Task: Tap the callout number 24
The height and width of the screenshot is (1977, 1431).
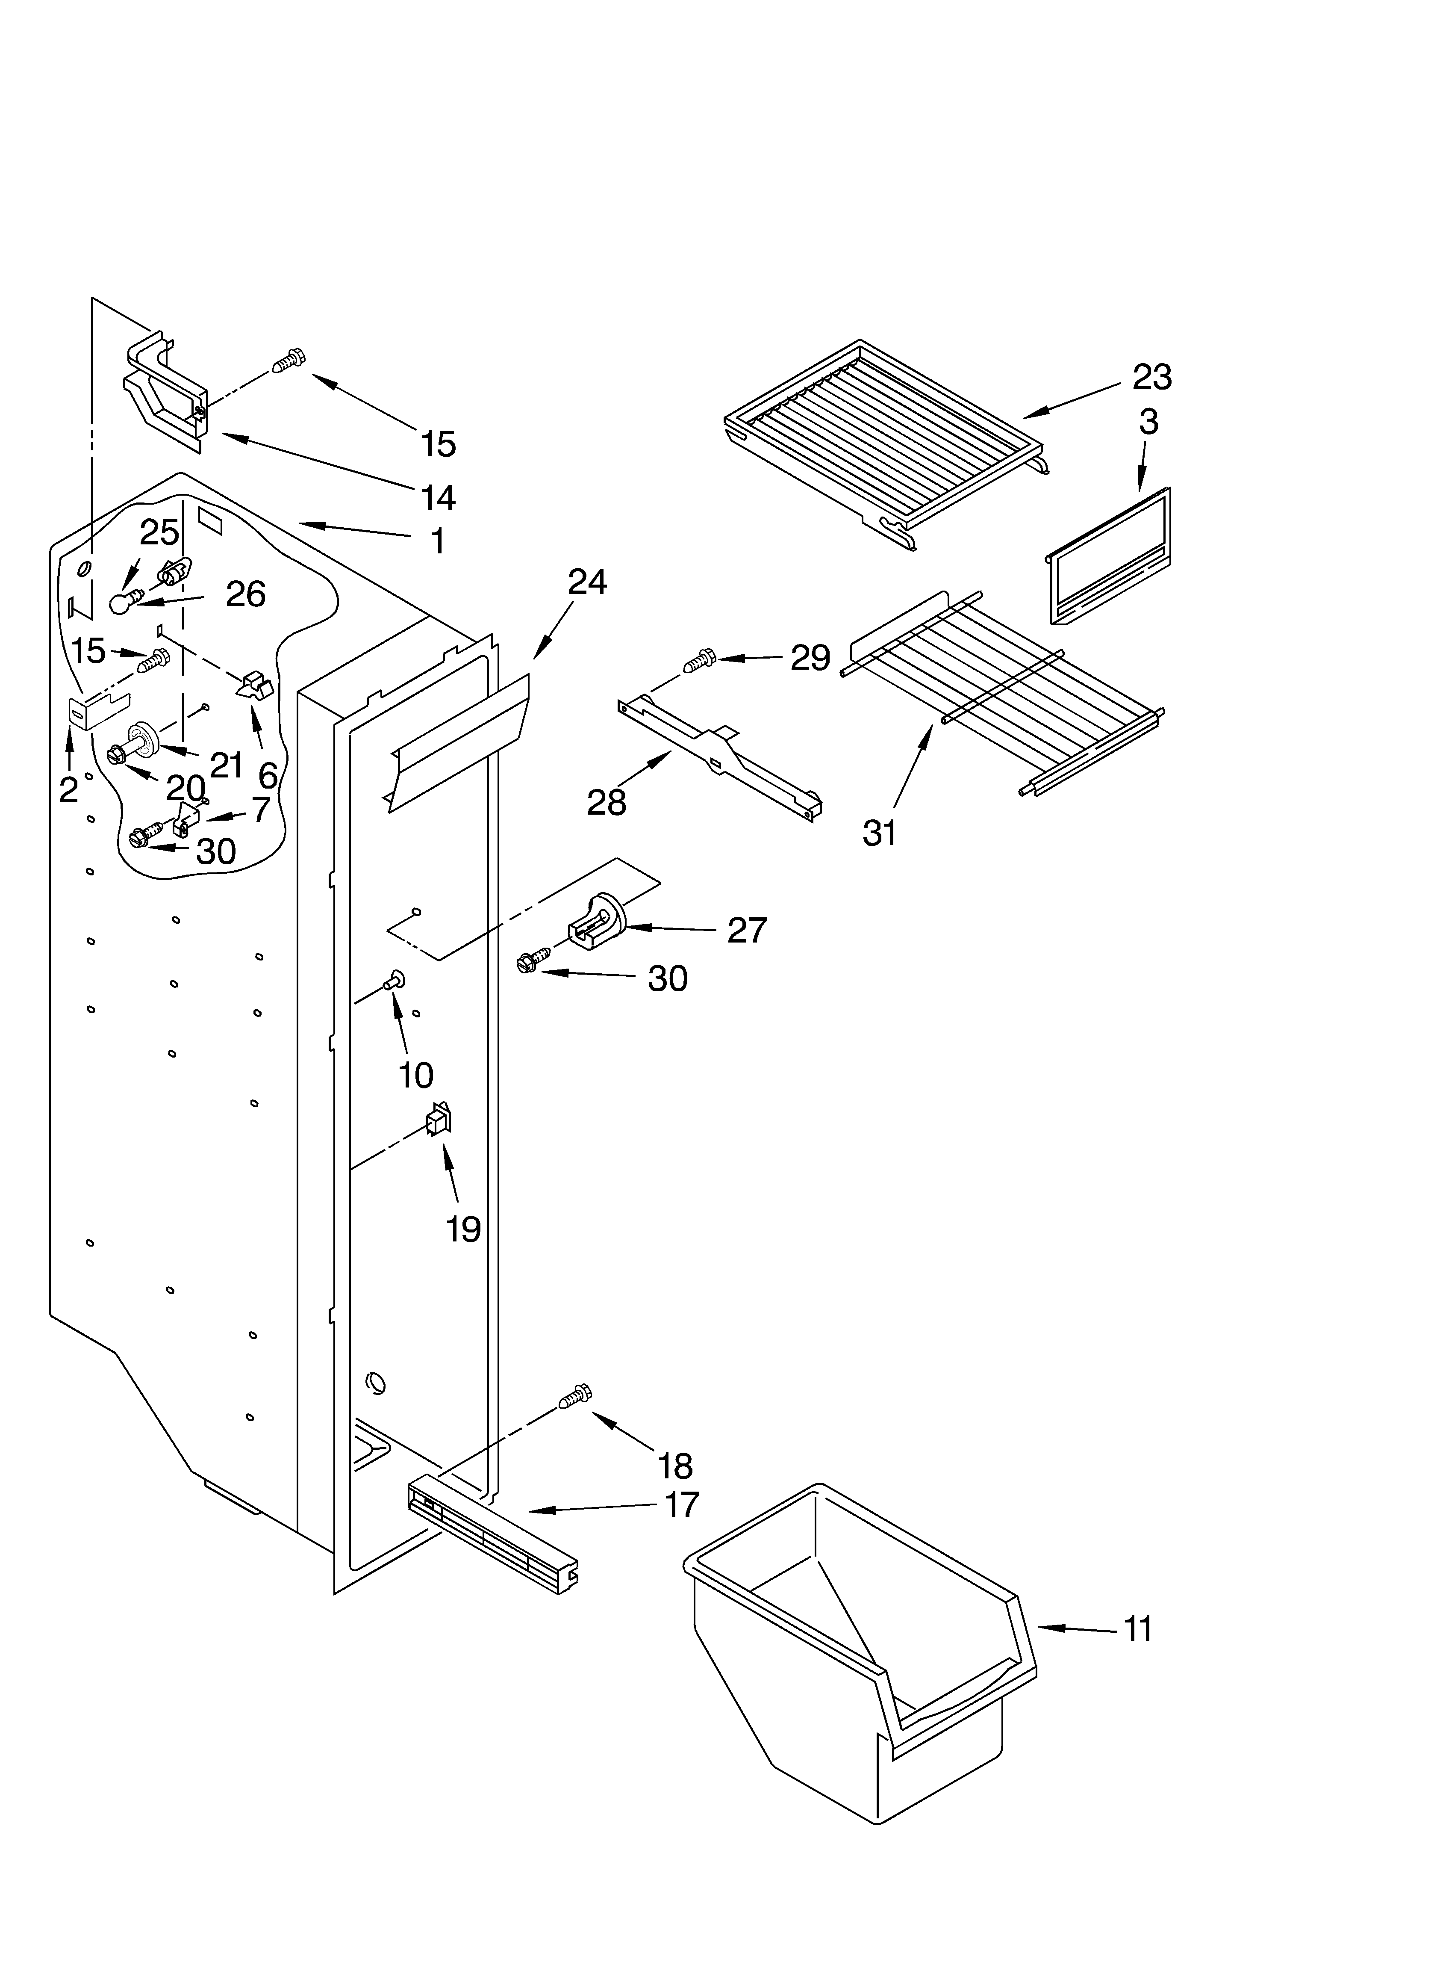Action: click(587, 582)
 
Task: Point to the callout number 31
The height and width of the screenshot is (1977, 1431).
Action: click(879, 833)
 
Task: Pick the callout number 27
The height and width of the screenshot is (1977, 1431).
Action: click(747, 930)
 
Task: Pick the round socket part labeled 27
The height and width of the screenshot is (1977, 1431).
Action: click(601, 919)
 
